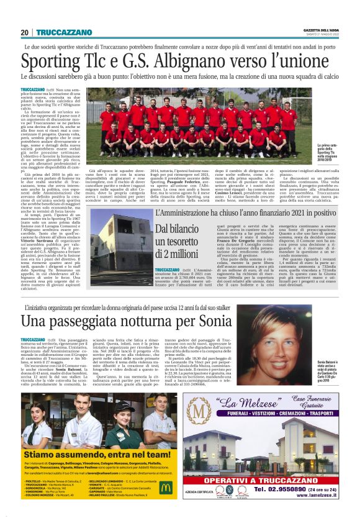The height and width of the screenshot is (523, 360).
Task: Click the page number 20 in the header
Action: pos(25,32)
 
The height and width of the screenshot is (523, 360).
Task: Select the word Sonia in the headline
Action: pos(210,321)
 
